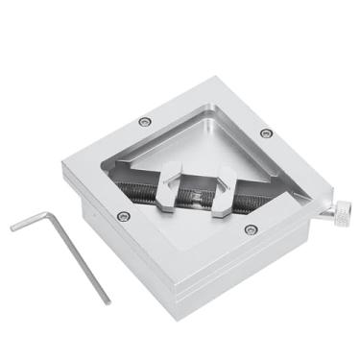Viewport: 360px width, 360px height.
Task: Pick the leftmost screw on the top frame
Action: (x=122, y=216)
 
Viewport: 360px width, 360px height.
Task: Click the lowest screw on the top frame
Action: (x=251, y=229)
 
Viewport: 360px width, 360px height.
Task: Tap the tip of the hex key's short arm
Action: (x=13, y=228)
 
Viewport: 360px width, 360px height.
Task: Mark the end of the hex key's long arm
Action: (x=107, y=300)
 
